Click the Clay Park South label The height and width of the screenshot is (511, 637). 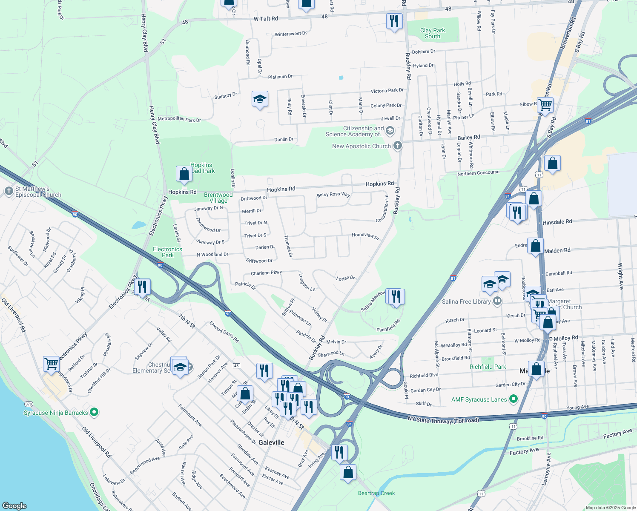pyautogui.click(x=432, y=33)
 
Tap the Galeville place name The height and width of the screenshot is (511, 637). pyautogui.click(x=271, y=442)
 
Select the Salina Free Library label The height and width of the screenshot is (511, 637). pyautogui.click(x=466, y=301)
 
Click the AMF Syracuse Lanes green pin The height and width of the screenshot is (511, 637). pyautogui.click(x=514, y=399)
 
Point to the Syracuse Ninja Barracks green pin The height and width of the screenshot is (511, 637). pyautogui.click(x=95, y=412)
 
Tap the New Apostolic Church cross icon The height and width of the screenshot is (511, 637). pyautogui.click(x=397, y=146)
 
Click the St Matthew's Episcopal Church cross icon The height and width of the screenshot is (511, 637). pyautogui.click(x=9, y=191)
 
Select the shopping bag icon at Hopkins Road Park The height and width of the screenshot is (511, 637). pyautogui.click(x=184, y=174)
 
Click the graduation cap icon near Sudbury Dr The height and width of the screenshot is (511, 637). pyautogui.click(x=260, y=99)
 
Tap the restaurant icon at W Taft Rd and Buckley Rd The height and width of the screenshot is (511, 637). pyautogui.click(x=394, y=21)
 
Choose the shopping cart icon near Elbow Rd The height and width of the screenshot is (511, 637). pyautogui.click(x=545, y=104)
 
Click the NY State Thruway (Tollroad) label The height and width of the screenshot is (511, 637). pyautogui.click(x=443, y=420)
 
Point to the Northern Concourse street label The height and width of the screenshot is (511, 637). pyautogui.click(x=478, y=173)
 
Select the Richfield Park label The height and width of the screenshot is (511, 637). pyautogui.click(x=488, y=367)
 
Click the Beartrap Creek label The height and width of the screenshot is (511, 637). pyautogui.click(x=376, y=493)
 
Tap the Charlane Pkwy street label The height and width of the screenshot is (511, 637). pyautogui.click(x=266, y=273)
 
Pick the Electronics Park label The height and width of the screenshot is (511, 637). pyautogui.click(x=167, y=252)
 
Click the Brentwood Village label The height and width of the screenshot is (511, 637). pyautogui.click(x=218, y=198)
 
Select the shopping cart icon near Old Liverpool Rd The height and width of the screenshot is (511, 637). pyautogui.click(x=51, y=365)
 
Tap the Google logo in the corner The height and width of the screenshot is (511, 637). pyautogui.click(x=14, y=505)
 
